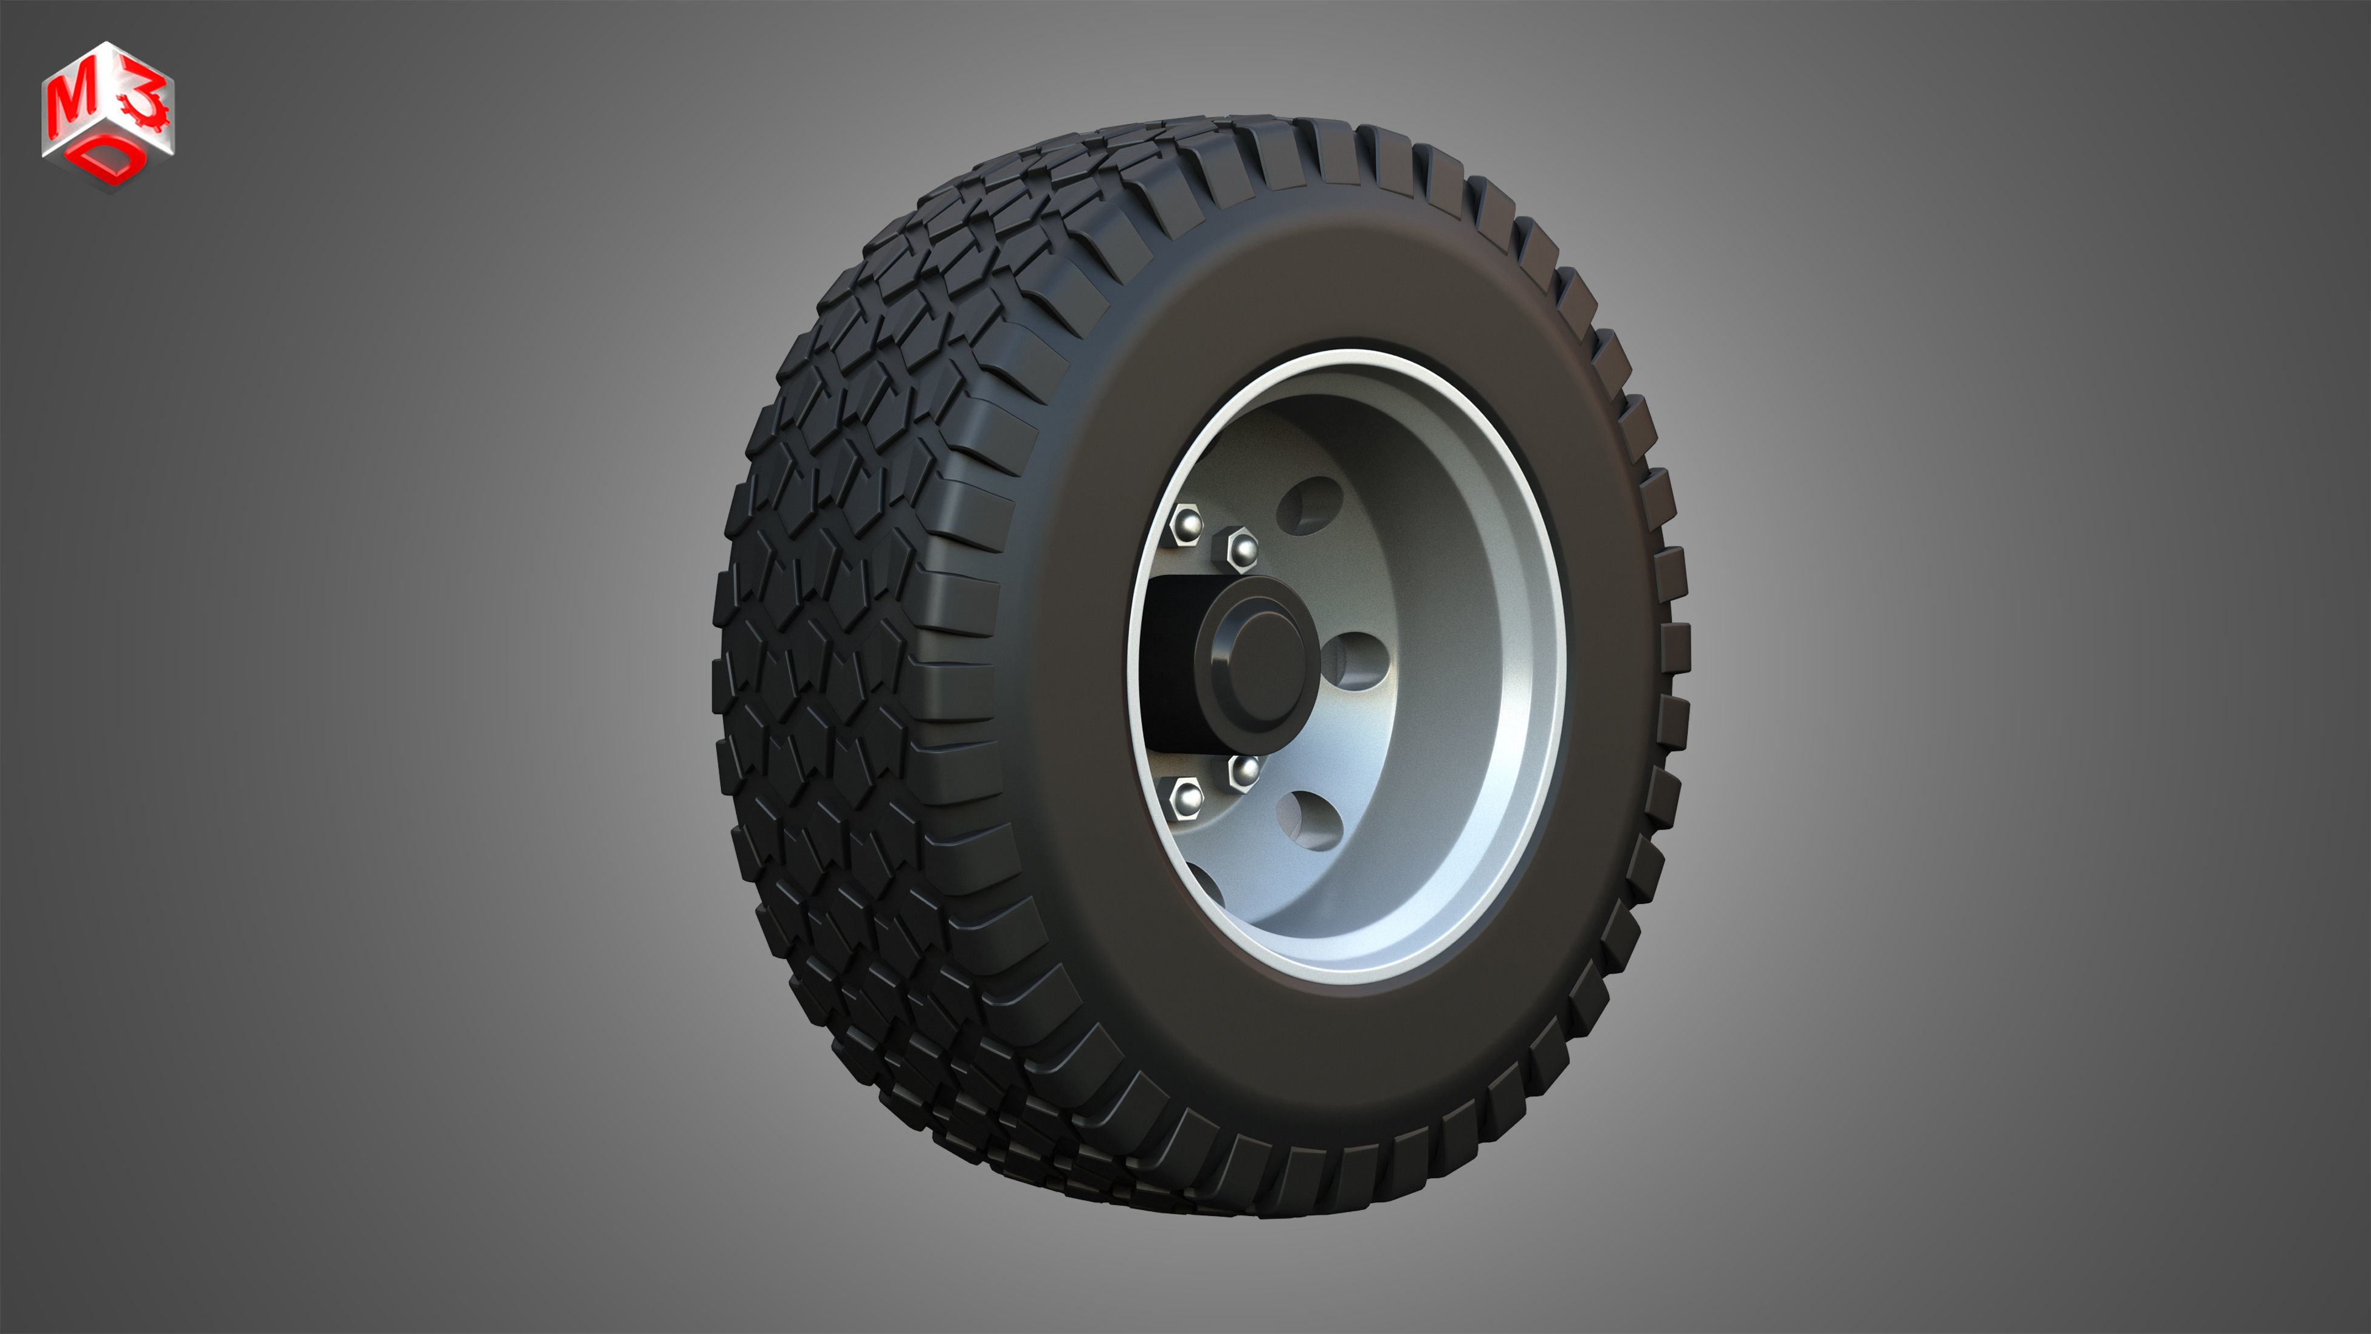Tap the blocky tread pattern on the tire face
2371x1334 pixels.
[x=829, y=644]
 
